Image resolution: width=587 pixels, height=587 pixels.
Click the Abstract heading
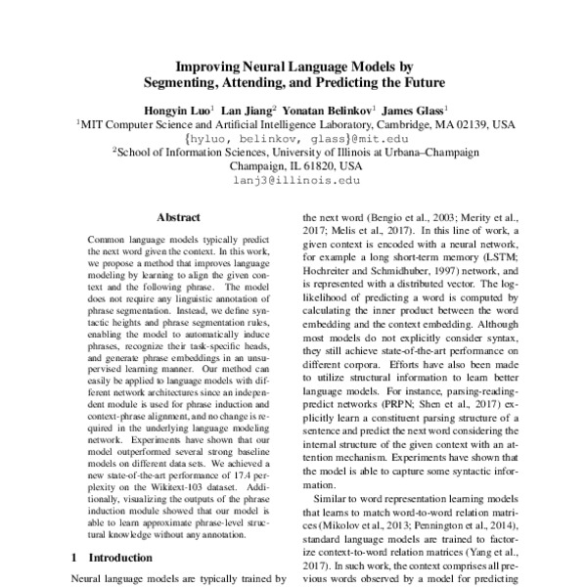179,221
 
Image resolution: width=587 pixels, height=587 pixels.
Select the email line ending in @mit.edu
294,139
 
